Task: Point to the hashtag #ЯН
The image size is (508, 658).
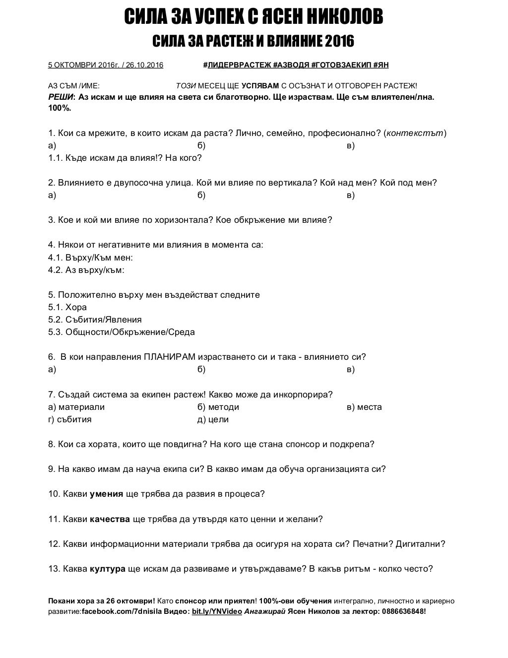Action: point(381,65)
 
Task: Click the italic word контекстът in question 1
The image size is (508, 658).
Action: point(415,133)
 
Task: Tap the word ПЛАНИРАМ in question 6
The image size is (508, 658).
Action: point(169,357)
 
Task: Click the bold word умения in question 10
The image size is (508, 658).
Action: point(107,494)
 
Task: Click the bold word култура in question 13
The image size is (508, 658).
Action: point(108,569)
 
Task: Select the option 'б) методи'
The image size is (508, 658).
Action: point(218,407)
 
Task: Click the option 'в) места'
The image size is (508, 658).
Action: point(364,407)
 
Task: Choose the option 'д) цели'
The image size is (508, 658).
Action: point(213,419)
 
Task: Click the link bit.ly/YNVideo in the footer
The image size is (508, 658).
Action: point(217,611)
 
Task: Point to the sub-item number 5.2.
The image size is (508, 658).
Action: point(55,320)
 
